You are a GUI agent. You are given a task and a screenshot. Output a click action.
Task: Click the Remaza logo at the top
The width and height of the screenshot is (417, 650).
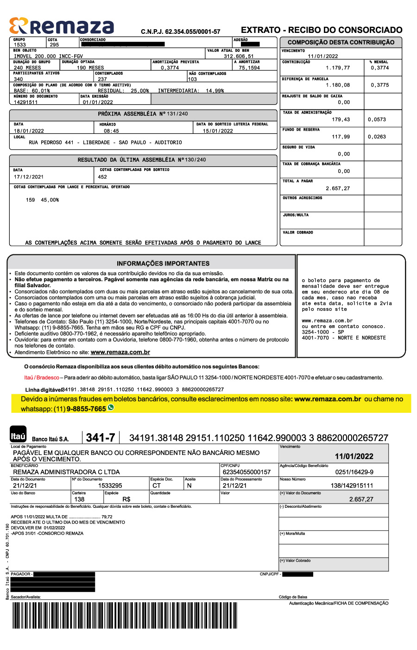pyautogui.click(x=62, y=26)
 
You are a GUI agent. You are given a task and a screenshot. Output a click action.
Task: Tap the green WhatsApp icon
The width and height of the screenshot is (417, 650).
pyautogui.click(x=111, y=408)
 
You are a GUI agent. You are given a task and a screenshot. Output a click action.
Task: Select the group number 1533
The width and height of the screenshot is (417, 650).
pyautogui.click(x=20, y=45)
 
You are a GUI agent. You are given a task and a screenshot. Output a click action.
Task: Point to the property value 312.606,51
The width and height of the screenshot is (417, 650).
pyautogui.click(x=239, y=57)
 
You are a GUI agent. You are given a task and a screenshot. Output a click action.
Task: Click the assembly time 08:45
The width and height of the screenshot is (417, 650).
pyautogui.click(x=111, y=131)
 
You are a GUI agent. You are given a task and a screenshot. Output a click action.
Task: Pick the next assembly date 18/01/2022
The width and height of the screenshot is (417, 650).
pyautogui.click(x=29, y=131)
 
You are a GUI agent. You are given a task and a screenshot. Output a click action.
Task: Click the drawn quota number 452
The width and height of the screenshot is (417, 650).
pyautogui.click(x=102, y=177)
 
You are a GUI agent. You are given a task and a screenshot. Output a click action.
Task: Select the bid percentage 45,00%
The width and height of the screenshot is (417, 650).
pyautogui.click(x=50, y=200)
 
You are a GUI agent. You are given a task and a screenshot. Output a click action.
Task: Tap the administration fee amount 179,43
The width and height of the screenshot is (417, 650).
pyautogui.click(x=341, y=120)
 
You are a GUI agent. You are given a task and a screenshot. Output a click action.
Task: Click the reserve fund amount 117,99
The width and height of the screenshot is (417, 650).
pyautogui.click(x=341, y=137)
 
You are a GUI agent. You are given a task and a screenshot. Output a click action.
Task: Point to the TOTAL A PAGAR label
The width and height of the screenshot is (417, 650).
pyautogui.click(x=297, y=181)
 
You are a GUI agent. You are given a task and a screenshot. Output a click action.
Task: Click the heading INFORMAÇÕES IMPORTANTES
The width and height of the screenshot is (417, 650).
pyautogui.click(x=163, y=263)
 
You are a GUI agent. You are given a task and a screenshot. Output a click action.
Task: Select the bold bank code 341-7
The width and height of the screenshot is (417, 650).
pyautogui.click(x=101, y=438)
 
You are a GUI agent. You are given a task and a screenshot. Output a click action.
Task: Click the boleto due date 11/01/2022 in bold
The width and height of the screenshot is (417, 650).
pyautogui.click(x=354, y=456)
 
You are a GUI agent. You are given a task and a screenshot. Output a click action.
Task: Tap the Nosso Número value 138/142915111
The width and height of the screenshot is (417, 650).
pyautogui.click(x=352, y=486)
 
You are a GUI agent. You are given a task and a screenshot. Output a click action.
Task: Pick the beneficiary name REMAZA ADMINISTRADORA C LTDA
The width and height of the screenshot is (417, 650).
pyautogui.click(x=66, y=472)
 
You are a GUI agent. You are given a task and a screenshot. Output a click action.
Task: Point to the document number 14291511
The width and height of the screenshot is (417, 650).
pyautogui.click(x=26, y=102)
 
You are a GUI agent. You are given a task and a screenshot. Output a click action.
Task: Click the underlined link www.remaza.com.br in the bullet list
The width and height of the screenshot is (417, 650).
pyautogui.click(x=120, y=353)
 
